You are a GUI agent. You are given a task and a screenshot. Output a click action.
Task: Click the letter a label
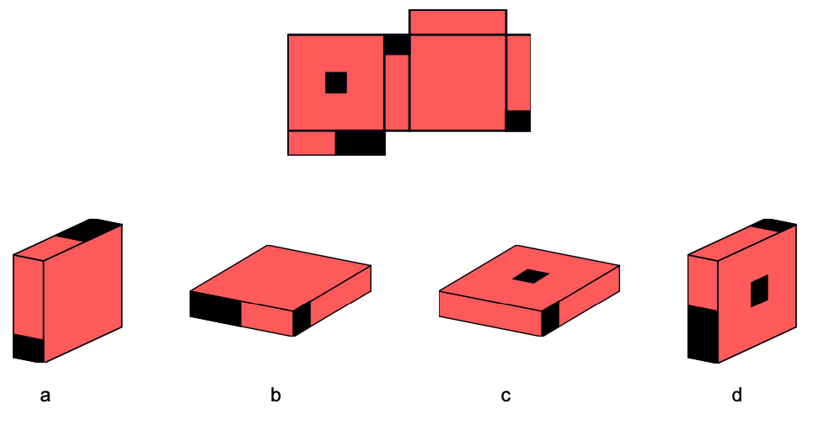[45, 396]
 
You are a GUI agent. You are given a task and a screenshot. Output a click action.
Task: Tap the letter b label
[275, 395]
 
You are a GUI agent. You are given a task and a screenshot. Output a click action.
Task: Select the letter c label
[506, 396]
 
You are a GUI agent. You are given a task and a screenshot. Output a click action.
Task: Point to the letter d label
[737, 395]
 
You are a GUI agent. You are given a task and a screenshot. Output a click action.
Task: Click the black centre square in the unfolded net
[336, 82]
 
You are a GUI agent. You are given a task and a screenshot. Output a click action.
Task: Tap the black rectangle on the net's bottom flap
[360, 143]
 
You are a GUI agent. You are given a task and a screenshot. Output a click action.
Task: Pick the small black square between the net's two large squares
[397, 45]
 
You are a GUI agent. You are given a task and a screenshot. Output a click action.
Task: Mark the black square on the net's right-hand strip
[518, 121]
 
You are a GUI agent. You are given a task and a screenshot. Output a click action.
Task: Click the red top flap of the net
[457, 22]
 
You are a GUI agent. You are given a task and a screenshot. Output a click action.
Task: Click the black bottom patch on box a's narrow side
[29, 348]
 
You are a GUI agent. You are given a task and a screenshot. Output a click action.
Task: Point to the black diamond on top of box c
[531, 276]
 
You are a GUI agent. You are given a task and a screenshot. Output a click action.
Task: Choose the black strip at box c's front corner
[550, 318]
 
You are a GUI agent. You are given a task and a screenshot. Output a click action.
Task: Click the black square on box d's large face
[759, 290]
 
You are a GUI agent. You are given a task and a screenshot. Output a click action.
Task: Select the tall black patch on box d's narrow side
[703, 333]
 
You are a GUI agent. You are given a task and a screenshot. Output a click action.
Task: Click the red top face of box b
[281, 278]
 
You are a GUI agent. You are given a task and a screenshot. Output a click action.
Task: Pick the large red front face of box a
[83, 293]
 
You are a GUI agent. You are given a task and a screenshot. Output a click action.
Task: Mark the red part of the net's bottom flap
[312, 143]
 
